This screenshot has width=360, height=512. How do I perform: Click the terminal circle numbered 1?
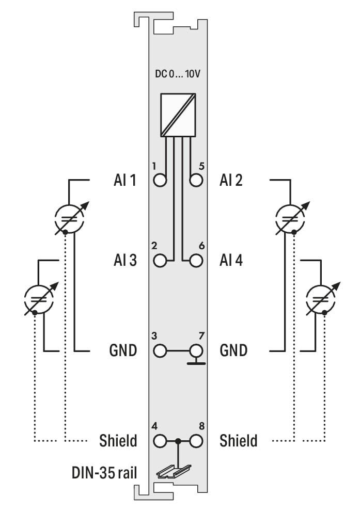pyautogui.click(x=160, y=180)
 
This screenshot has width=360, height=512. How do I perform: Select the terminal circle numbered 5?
pyautogui.click(x=196, y=180)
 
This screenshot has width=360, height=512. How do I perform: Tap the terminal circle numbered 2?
pyautogui.click(x=160, y=261)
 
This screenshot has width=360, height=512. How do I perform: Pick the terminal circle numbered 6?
pyautogui.click(x=196, y=261)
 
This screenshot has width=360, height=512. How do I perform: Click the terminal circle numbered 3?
pyautogui.click(x=160, y=351)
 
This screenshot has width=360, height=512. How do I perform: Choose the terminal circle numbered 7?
pyautogui.click(x=196, y=351)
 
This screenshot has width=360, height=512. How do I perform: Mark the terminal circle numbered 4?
pyautogui.click(x=160, y=441)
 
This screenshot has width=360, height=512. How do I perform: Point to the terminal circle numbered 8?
pyautogui.click(x=196, y=441)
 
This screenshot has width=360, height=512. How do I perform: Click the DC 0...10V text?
pyautogui.click(x=177, y=74)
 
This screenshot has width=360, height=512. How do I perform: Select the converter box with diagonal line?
pyautogui.click(x=178, y=115)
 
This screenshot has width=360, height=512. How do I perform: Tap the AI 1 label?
pyautogui.click(x=125, y=180)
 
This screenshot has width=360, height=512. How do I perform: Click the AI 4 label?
pyautogui.click(x=231, y=261)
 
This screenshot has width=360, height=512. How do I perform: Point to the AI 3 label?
pyautogui.click(x=125, y=261)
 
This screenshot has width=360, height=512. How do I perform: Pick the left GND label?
pyautogui.click(x=123, y=350)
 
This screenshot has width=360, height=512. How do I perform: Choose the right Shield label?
pyautogui.click(x=239, y=441)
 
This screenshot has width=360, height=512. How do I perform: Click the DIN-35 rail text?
pyautogui.click(x=104, y=473)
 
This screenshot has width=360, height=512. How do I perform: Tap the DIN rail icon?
pyautogui.click(x=174, y=472)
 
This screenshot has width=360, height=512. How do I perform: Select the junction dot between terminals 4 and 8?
pyautogui.click(x=178, y=441)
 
